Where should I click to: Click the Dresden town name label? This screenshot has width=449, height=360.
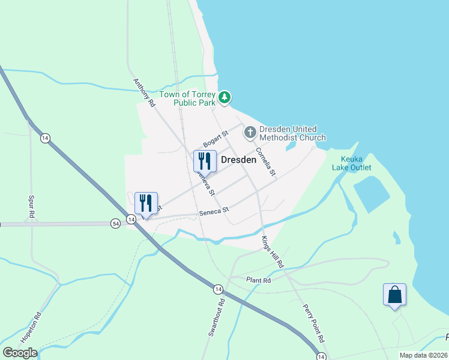pos(239,160)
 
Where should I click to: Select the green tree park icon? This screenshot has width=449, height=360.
pos(224,97)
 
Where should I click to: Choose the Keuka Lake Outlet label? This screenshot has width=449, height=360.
pos(352,164)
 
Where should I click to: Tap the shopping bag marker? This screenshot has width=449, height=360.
pos(394,295)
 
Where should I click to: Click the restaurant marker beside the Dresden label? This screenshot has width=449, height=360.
pos(205,161)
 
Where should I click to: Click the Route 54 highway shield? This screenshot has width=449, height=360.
pos(115,223)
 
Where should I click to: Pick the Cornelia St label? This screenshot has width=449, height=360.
pos(265,161)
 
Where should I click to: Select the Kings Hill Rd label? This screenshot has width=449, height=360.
pos(272,251)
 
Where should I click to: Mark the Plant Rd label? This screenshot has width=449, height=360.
pos(259,280)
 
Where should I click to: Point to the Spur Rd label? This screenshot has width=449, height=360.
pos(32,206)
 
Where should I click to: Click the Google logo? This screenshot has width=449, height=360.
pos(20,352)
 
